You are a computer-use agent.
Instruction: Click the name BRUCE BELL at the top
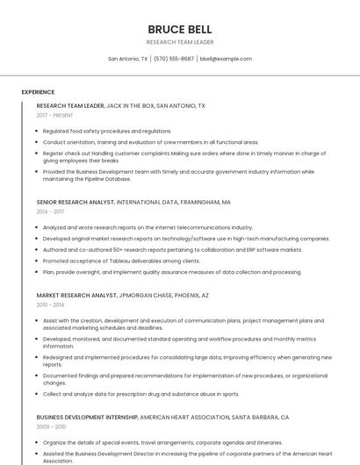click(x=179, y=29)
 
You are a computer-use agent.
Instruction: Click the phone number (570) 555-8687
click(x=173, y=59)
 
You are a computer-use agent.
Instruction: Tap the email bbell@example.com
click(x=226, y=59)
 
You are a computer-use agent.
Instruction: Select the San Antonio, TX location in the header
click(x=128, y=59)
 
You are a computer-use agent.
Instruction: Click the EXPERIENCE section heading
click(x=38, y=92)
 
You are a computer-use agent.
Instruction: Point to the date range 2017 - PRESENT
click(x=54, y=115)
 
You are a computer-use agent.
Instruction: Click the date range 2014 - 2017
click(x=50, y=211)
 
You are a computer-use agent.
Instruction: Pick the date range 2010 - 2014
click(x=50, y=304)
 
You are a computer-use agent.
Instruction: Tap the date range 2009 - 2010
click(x=50, y=426)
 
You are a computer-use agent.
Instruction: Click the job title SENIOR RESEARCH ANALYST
click(x=76, y=202)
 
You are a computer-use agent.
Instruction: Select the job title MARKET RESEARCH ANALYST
click(x=76, y=295)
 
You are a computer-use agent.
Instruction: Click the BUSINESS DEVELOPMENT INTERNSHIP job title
click(x=87, y=417)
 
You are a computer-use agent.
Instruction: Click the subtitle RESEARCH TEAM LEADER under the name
click(x=179, y=42)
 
